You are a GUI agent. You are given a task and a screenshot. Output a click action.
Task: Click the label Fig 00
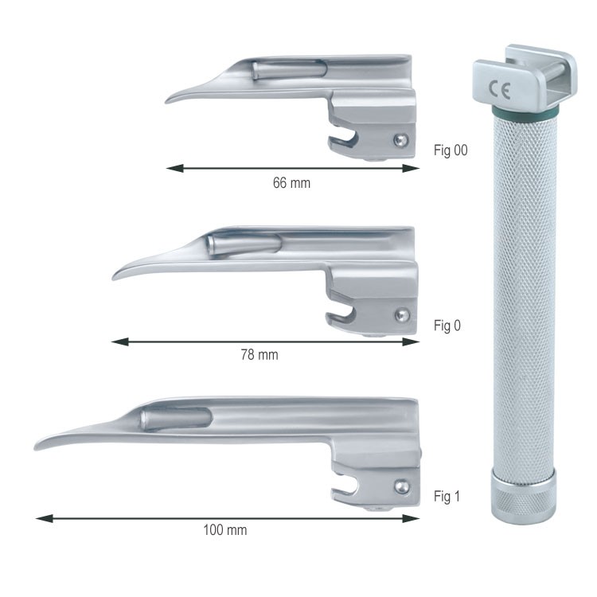451,150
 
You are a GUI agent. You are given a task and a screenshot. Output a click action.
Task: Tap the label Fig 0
447,326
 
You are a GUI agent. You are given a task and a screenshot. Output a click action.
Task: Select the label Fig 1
447,496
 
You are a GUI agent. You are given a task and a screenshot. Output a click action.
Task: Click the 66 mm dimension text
291,183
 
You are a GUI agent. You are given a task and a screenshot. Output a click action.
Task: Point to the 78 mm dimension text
259,355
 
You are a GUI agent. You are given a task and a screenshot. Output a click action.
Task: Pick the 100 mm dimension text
225,530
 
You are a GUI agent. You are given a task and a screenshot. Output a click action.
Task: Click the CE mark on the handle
499,90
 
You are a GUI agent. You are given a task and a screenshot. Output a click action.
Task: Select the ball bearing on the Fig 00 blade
401,140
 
